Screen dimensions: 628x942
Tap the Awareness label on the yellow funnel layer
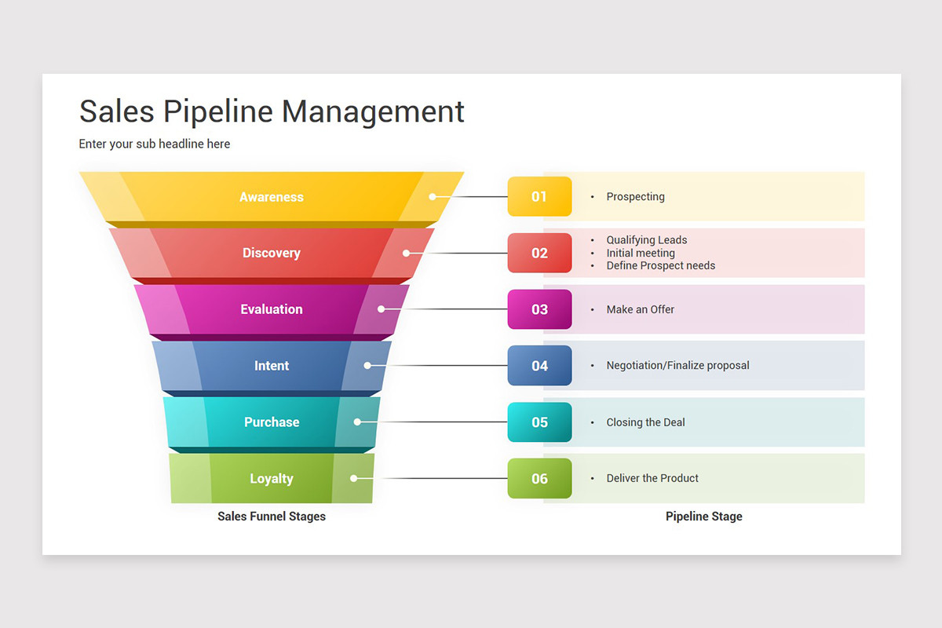tap(271, 197)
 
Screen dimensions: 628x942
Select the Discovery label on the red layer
tap(271, 253)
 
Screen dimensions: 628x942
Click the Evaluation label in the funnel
tap(271, 309)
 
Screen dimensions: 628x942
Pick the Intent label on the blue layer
tap(271, 366)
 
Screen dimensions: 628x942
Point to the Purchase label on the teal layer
tap(271, 422)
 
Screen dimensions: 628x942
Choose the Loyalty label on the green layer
tap(271, 479)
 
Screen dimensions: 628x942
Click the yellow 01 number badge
tap(539, 196)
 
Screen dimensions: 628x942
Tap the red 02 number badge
tap(539, 253)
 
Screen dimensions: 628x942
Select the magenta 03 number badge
tap(539, 309)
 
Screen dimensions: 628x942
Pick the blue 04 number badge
tap(539, 366)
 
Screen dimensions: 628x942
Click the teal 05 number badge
tap(539, 422)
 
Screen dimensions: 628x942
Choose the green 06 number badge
tap(539, 479)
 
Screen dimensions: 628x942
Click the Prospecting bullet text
tap(635, 197)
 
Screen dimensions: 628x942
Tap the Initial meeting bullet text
tap(640, 253)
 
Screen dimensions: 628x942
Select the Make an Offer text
tap(640, 309)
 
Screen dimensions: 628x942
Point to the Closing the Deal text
tap(645, 422)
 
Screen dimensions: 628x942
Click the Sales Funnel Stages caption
tap(271, 517)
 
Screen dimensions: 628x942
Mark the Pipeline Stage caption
tap(703, 517)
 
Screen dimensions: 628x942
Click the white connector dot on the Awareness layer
tap(432, 197)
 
